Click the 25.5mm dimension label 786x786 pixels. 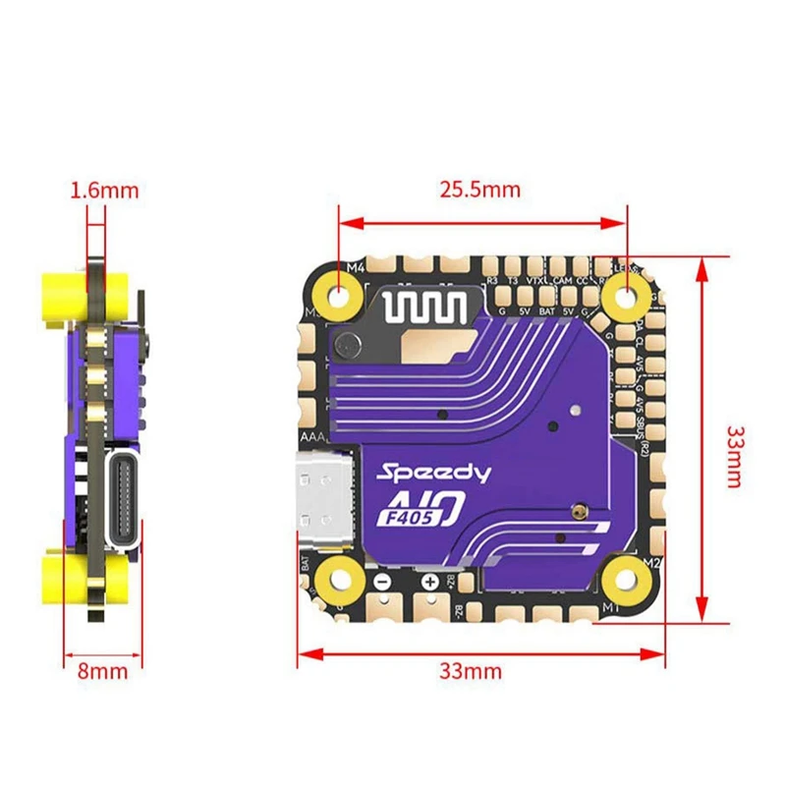480,189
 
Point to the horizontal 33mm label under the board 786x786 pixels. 470,672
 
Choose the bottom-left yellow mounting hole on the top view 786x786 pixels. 341,579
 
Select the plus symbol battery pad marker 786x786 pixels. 430,581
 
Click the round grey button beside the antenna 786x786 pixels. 347,345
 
